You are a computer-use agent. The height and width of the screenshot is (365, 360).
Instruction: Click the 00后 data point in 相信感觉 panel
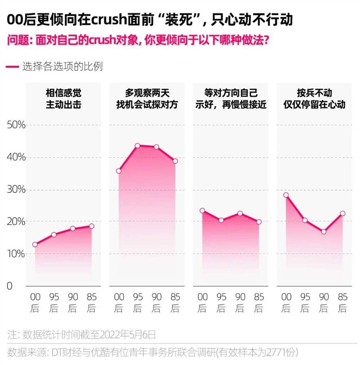point(35,245)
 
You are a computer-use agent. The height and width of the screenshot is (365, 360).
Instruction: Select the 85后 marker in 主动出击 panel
point(91,226)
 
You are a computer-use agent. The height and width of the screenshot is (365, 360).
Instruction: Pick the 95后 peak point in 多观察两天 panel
point(138,146)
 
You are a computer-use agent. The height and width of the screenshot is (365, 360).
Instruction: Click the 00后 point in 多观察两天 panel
point(119,171)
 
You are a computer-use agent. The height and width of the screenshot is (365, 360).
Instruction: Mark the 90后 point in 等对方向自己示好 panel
point(240,213)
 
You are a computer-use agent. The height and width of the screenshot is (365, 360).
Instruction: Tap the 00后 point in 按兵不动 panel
point(286,195)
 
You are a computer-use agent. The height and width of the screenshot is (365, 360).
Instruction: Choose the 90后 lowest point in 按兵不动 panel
point(324,231)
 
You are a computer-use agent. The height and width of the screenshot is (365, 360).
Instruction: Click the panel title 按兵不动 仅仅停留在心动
point(314,98)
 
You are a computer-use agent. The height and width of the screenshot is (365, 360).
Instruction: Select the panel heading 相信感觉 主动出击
point(63,98)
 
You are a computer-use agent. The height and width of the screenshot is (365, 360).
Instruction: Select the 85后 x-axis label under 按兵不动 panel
point(342,303)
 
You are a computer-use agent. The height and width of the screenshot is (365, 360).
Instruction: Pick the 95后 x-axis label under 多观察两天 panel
point(138,303)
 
